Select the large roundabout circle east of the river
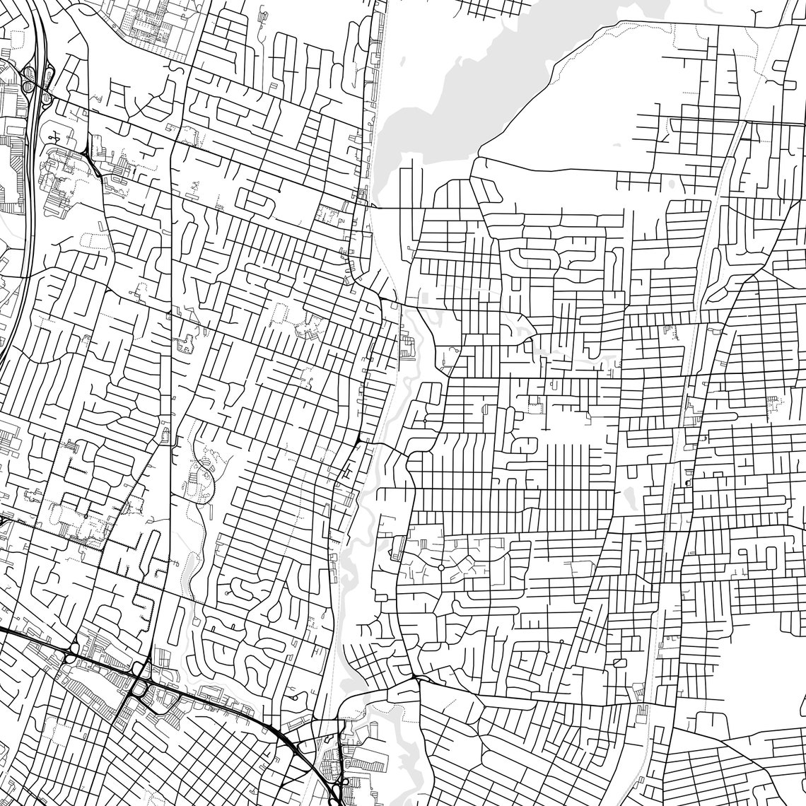pos(440,567)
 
